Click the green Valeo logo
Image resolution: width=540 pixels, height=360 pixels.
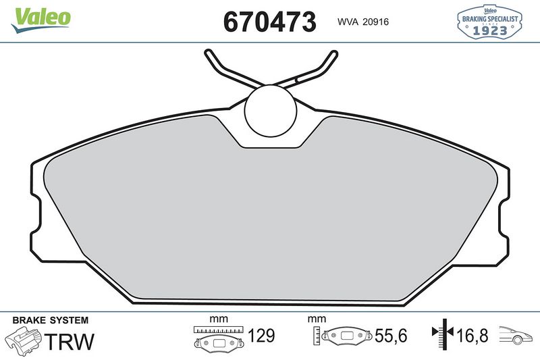(40, 17)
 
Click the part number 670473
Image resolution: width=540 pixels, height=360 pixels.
(269, 22)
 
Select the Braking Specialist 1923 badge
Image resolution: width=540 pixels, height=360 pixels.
(488, 22)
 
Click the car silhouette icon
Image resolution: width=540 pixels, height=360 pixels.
(516, 336)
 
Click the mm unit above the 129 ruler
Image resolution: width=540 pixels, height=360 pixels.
(216, 319)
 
